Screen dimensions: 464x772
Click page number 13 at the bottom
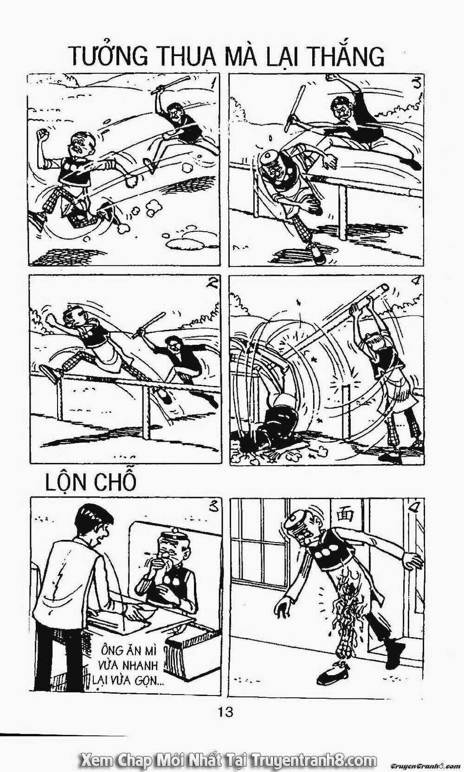point(226,712)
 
